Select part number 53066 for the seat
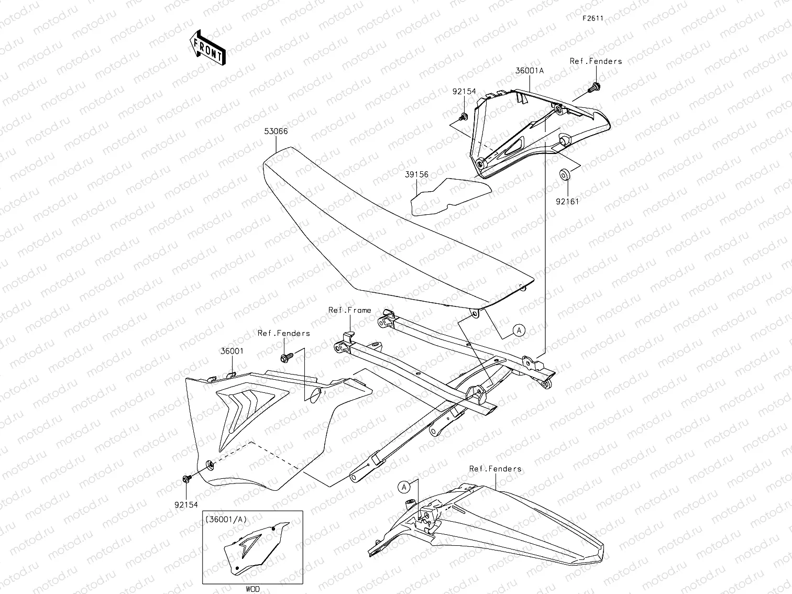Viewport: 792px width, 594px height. click(x=276, y=131)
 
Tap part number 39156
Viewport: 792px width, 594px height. click(x=416, y=174)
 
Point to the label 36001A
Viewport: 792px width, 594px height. click(x=530, y=70)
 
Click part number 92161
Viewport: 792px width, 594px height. click(x=568, y=201)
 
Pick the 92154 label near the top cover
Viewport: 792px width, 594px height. click(x=464, y=91)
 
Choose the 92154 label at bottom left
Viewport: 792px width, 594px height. click(x=186, y=504)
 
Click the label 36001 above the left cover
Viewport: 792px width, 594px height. click(x=232, y=351)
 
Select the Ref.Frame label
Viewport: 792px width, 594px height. click(x=349, y=310)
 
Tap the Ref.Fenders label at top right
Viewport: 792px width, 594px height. click(x=596, y=61)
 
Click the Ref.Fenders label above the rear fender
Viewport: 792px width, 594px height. click(x=495, y=469)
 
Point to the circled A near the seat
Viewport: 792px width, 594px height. click(x=518, y=330)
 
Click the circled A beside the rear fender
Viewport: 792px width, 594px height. click(x=404, y=487)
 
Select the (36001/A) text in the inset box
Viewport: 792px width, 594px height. click(x=226, y=519)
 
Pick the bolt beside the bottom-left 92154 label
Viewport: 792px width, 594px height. click(x=186, y=479)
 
